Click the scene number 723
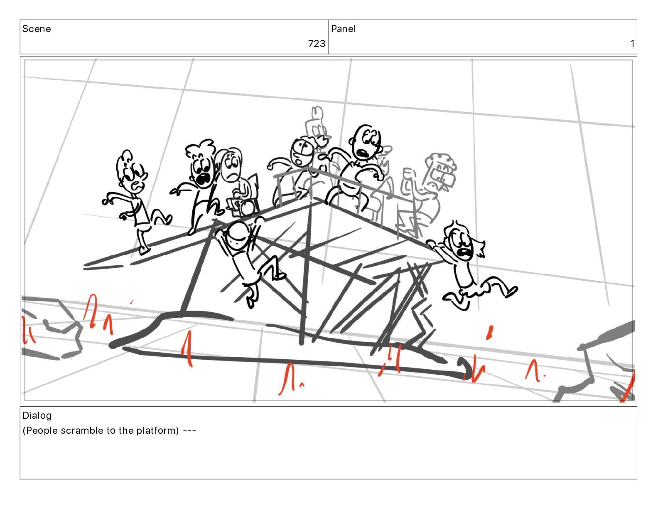(x=317, y=44)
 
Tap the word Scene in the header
(x=37, y=29)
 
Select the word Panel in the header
(x=343, y=29)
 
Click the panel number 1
(x=632, y=44)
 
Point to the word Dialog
(x=37, y=415)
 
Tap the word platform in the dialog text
(x=157, y=431)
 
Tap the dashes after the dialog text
(x=189, y=431)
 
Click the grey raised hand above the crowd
(x=317, y=113)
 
